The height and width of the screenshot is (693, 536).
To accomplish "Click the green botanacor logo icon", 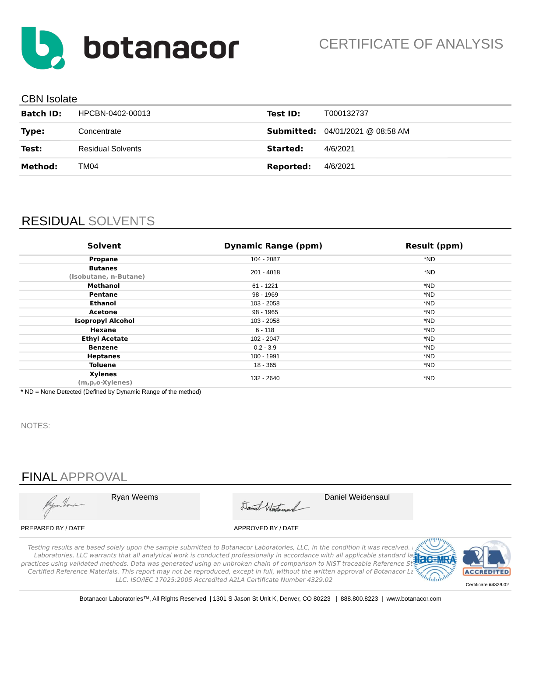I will point(42,48).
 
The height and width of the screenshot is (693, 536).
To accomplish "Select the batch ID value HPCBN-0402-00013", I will point(114,114).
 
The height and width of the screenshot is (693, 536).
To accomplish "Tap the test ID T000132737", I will point(346,114).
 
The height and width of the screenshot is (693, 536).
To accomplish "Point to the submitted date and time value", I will point(367,131).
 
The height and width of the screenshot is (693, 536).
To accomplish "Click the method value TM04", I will point(88,166).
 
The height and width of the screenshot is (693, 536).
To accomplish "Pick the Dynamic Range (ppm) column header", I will point(273,246).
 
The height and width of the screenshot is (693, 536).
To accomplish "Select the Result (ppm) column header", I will point(434,246).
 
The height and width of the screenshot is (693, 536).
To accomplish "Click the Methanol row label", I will point(103,286).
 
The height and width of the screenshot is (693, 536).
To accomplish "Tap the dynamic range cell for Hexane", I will point(265,330).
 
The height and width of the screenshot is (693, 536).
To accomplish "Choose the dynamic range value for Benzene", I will point(265,347).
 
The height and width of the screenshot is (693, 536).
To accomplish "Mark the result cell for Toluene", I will point(429,365).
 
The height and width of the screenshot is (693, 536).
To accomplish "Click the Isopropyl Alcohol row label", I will point(104,321).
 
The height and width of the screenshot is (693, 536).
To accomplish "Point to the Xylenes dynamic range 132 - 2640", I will point(265,378).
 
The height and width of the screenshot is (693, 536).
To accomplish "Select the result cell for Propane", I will point(429,259).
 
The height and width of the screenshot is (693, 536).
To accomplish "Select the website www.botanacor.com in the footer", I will point(413,598).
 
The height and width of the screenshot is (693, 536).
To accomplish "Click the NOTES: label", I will point(35,426).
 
